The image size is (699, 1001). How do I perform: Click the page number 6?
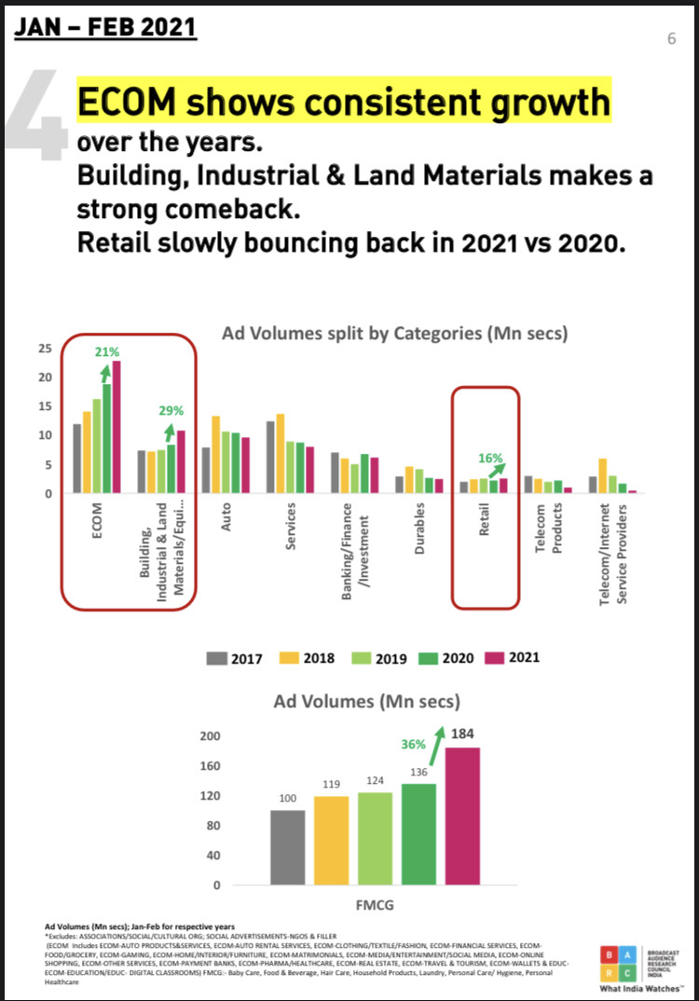(671, 38)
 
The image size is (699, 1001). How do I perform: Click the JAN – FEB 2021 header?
(104, 27)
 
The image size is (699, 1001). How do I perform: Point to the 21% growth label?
(106, 351)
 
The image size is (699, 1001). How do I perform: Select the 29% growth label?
(171, 410)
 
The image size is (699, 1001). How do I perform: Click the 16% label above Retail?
(491, 458)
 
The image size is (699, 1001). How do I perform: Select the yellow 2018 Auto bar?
(216, 454)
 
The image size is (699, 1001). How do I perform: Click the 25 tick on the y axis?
(44, 349)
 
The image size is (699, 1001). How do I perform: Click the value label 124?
(376, 780)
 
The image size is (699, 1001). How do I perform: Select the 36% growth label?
(414, 745)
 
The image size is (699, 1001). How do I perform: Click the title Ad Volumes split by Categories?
(395, 333)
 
